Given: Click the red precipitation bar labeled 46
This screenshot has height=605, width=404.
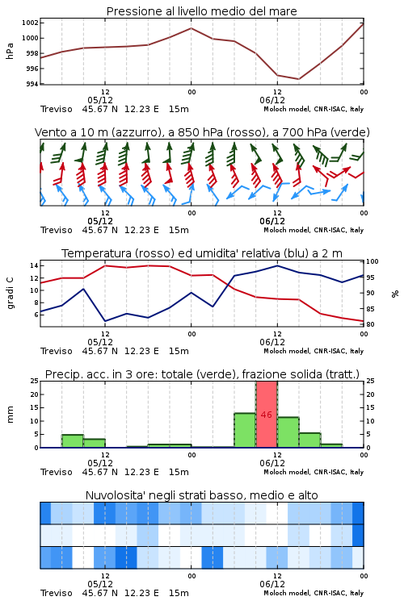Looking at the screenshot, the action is [x=267, y=415].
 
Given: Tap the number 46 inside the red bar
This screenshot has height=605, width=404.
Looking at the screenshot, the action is [x=267, y=415].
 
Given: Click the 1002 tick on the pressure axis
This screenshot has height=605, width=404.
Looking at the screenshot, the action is [x=30, y=23].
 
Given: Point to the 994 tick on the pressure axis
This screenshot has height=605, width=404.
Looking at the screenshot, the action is [x=32, y=84].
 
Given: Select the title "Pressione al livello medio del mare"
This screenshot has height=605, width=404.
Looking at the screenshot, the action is [x=202, y=11].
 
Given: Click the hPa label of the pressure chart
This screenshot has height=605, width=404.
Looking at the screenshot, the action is [x=10, y=51].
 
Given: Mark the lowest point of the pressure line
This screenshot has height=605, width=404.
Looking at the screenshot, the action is [x=298, y=79].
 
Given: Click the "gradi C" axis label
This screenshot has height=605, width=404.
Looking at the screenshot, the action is [x=10, y=293].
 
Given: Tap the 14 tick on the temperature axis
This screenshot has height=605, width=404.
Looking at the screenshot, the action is [x=34, y=265].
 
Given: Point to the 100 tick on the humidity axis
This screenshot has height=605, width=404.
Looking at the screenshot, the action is [x=372, y=261].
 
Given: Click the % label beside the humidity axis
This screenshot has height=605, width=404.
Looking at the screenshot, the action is [x=395, y=294].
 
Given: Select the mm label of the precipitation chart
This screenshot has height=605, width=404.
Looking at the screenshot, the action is [x=10, y=414].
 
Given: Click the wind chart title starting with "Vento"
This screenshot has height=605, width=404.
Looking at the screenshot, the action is [x=202, y=132].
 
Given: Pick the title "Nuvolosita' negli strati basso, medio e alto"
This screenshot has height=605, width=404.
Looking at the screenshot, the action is [x=202, y=495].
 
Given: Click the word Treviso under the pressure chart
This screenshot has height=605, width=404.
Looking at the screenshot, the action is [x=57, y=109].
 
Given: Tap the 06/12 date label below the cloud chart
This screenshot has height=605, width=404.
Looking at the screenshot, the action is [x=272, y=584].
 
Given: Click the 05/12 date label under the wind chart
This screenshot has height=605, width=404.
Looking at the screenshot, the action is [x=100, y=221].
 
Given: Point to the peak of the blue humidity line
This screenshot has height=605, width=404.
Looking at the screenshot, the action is [x=277, y=265].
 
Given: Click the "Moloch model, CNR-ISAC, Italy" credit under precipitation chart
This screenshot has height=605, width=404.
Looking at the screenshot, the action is [x=314, y=472].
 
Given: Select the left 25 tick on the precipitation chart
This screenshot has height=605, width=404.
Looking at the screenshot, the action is [x=35, y=381].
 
